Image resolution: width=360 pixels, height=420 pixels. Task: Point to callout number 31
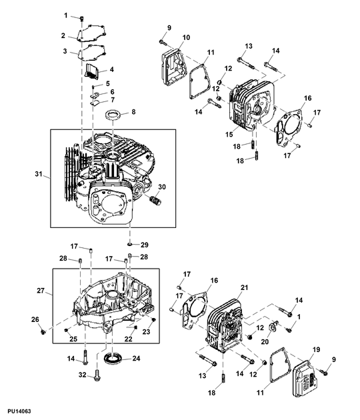pyautogui.click(x=39, y=175)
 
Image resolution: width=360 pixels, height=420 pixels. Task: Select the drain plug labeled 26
pyautogui.click(x=44, y=329)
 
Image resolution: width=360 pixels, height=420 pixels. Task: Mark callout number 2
pyautogui.click(x=63, y=35)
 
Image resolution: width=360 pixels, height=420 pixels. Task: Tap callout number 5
pyautogui.click(x=108, y=83)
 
